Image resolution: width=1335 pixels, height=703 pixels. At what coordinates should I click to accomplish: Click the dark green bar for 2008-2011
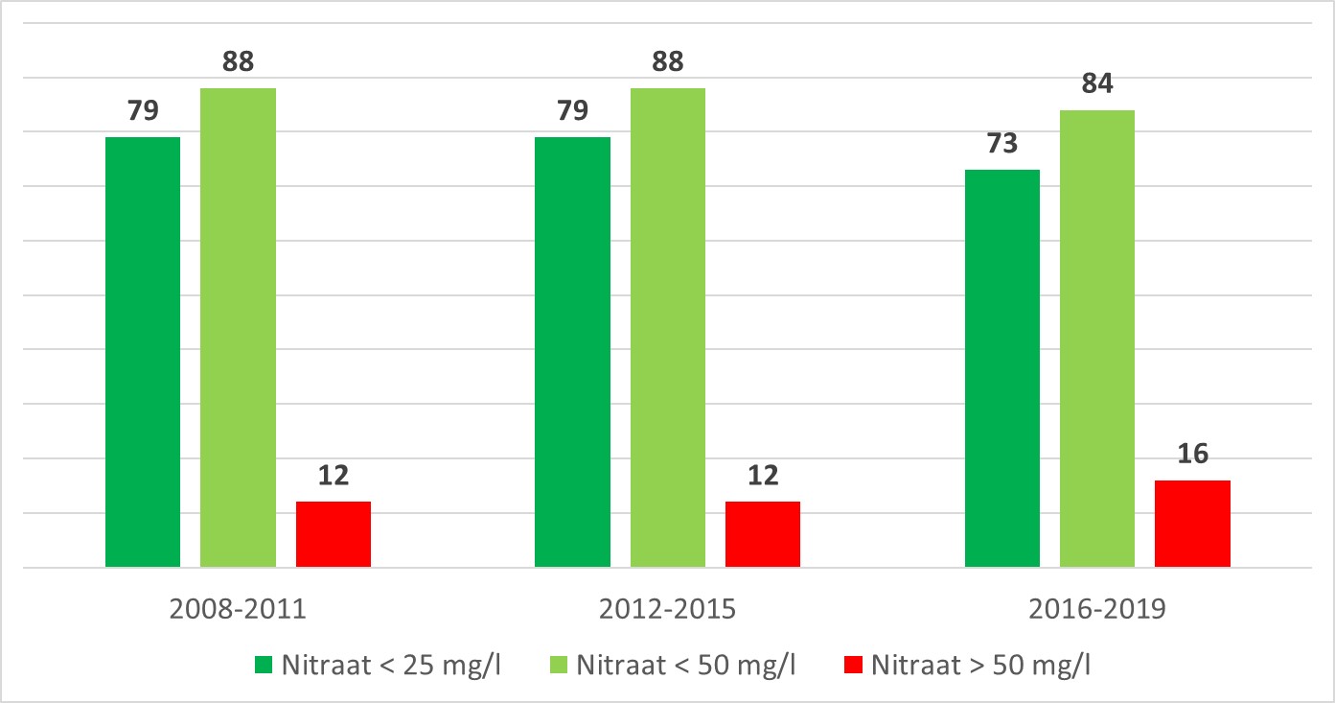point(143,352)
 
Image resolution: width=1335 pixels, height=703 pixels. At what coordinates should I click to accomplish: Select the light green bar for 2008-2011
point(238,327)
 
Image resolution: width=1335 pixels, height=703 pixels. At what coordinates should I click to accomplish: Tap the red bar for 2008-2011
point(334,534)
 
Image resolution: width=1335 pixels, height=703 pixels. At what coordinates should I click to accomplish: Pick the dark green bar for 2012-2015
point(572,352)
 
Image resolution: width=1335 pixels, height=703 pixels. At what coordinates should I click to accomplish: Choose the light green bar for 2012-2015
point(668,327)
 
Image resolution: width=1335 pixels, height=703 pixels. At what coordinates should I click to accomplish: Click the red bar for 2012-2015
point(763,534)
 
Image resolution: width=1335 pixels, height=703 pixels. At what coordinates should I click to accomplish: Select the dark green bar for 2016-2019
point(1002,368)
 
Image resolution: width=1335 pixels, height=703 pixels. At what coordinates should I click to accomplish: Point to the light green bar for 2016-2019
point(1097,339)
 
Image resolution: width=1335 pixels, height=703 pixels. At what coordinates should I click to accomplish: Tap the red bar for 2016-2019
point(1192,524)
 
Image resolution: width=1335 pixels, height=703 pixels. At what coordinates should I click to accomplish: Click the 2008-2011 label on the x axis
point(238,610)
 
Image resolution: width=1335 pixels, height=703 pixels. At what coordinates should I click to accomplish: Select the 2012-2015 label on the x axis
point(668,610)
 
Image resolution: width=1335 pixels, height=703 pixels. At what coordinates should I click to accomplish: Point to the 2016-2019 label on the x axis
point(1097,610)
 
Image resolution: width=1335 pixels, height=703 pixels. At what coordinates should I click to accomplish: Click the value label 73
point(1002,144)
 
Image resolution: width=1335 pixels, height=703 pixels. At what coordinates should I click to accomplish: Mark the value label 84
point(1097,84)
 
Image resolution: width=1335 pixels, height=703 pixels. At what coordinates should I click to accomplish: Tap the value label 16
point(1192,455)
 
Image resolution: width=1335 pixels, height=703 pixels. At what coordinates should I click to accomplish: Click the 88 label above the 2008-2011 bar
point(238,62)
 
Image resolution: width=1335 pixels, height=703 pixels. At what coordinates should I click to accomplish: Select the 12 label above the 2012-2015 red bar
point(763,476)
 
